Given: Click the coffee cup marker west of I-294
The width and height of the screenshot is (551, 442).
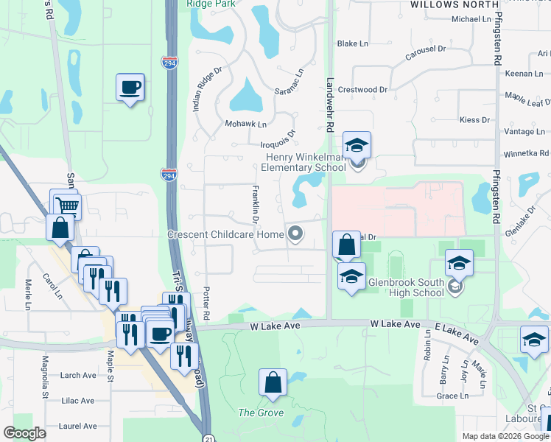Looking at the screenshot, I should pyautogui.click(x=130, y=88).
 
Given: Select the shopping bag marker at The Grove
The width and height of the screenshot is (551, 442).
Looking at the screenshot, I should pyautogui.click(x=273, y=383).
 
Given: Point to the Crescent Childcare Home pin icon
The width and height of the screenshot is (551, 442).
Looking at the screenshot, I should pyautogui.click(x=296, y=234).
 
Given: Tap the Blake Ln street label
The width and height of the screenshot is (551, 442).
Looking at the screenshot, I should pyautogui.click(x=352, y=43).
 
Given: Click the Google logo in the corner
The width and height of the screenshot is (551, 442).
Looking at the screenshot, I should pyautogui.click(x=25, y=433).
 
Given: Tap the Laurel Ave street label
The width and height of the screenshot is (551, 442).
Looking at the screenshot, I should pyautogui.click(x=78, y=426).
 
